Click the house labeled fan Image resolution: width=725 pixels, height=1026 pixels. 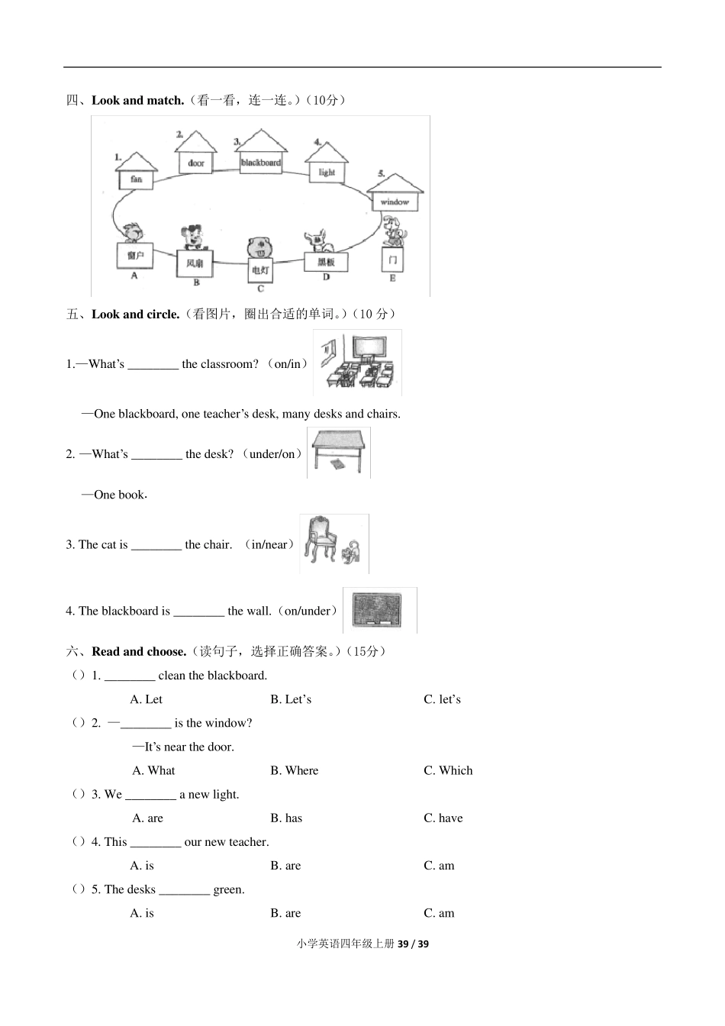[x=137, y=172]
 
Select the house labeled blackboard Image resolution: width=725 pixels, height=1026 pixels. [x=261, y=153]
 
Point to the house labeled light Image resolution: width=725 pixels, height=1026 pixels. [x=327, y=164]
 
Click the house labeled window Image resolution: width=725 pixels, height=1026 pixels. [x=395, y=194]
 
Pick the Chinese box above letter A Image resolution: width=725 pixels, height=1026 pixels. [x=135, y=256]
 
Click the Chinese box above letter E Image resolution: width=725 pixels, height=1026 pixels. [x=392, y=260]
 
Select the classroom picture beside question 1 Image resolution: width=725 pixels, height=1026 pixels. [x=357, y=363]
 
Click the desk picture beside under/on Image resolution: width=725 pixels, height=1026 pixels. [x=339, y=453]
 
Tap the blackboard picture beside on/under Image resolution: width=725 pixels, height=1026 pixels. [x=380, y=611]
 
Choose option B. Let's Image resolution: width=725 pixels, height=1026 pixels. [x=291, y=699]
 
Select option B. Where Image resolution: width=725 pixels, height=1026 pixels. [x=294, y=770]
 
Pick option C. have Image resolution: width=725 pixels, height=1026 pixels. [x=443, y=818]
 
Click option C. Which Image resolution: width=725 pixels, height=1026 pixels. [x=448, y=770]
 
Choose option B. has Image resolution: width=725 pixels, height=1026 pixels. [x=286, y=818]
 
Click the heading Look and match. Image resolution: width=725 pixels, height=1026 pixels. [x=137, y=100]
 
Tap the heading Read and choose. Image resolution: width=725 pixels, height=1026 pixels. [x=139, y=651]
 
